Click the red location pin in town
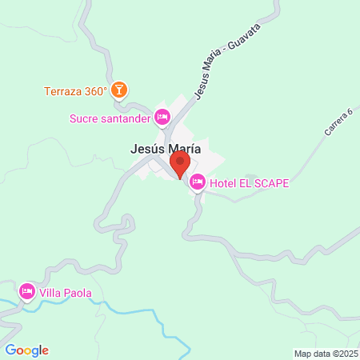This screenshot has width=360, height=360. tap(180, 164)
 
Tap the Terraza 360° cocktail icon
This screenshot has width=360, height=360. tap(119, 89)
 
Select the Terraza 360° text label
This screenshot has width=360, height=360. tap(75, 90)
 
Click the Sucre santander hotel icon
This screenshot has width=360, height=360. tap(162, 118)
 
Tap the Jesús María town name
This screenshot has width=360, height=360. tap(165, 148)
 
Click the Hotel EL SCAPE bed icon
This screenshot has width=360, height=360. tap(197, 183)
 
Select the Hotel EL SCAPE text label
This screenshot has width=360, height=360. tap(249, 183)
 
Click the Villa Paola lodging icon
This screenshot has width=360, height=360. tap(27, 292)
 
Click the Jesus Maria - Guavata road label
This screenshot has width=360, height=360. tap(215, 71)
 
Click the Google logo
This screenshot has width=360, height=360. tap(26, 350)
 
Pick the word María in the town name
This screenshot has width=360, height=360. tap(183, 148)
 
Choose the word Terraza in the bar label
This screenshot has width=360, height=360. tap(63, 90)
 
